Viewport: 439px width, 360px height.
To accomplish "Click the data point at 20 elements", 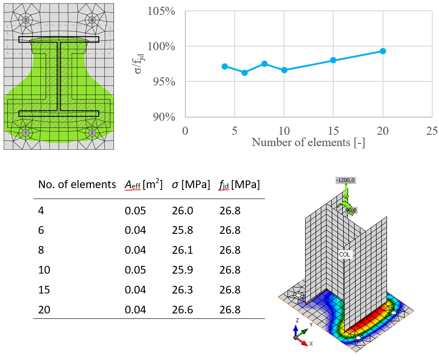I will click(383, 51).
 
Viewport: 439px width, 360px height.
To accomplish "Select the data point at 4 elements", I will click(225, 66).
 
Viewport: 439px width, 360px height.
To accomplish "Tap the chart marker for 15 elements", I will click(333, 60).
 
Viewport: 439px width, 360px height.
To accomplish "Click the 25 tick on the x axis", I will click(432, 131).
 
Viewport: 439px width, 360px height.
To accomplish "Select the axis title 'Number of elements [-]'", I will click(308, 142).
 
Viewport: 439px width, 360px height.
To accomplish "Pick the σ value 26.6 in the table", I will click(182, 310).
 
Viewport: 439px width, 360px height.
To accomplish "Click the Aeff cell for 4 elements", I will click(136, 210).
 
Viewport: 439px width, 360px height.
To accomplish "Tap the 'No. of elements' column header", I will click(77, 185).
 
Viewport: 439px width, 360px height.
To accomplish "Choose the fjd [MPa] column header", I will click(240, 185).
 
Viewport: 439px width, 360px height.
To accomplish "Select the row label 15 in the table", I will click(44, 290).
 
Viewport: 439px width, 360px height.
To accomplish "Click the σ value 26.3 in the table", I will click(182, 290).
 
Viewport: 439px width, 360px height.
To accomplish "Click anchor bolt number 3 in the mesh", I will click(26, 20).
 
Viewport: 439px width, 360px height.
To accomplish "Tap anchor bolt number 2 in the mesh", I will click(92, 133).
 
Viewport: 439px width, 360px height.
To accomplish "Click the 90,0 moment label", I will click(351, 210).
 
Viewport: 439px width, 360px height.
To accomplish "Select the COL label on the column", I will click(345, 255).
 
